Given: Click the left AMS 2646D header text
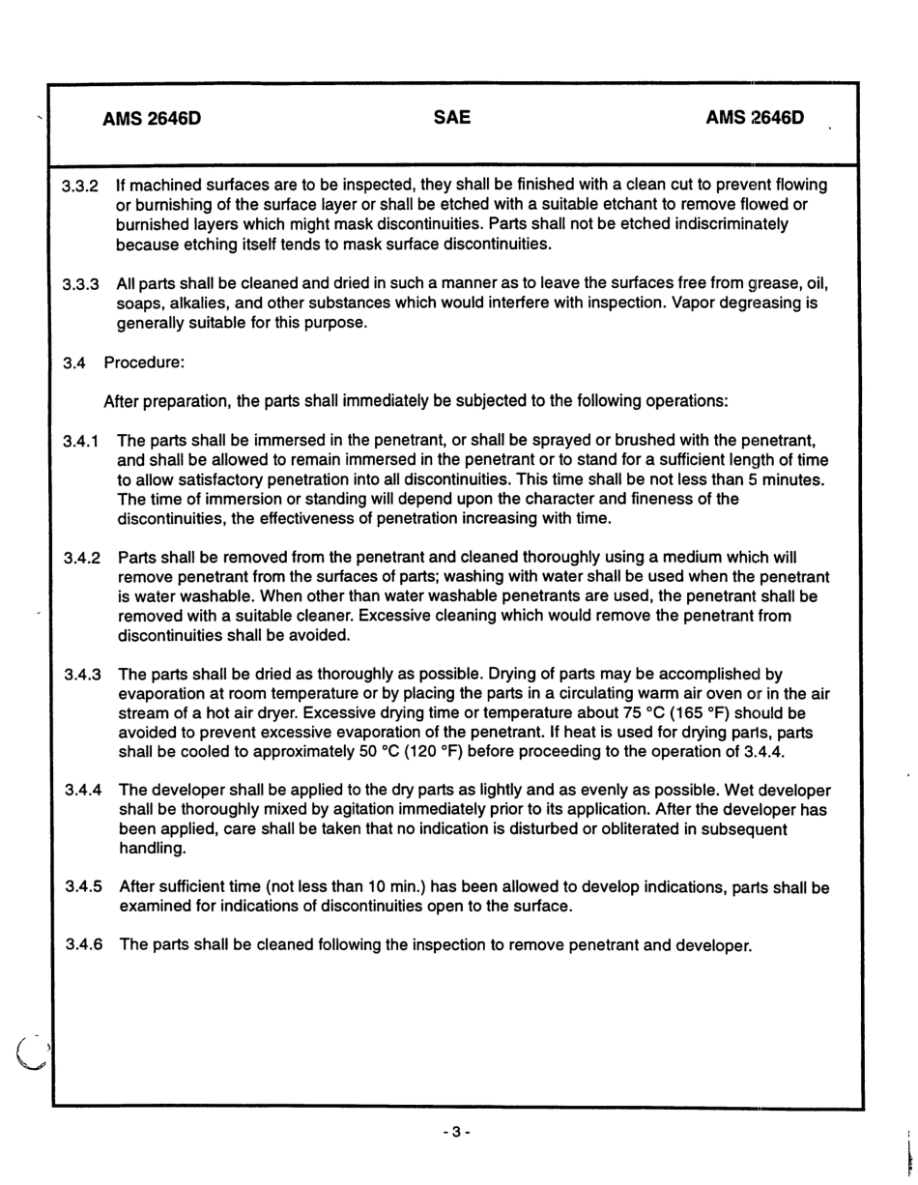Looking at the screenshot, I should [152, 120].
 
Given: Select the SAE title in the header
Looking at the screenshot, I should [452, 118].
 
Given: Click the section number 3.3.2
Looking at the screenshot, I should [81, 186].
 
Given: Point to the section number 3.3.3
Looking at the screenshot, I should [81, 285].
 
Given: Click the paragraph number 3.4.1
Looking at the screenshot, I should [83, 442].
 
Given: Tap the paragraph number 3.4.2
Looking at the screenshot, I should [83, 559].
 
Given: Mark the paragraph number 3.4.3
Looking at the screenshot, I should [83, 675].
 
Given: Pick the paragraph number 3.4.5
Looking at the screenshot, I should [84, 886].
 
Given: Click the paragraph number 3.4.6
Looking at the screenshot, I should [84, 944].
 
